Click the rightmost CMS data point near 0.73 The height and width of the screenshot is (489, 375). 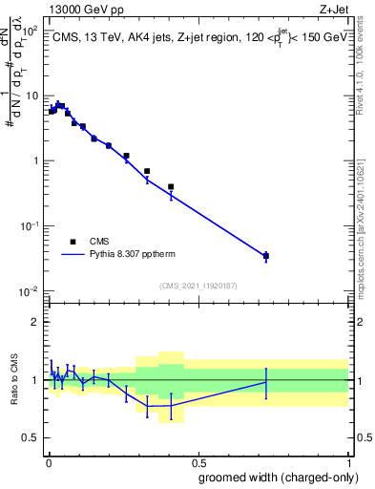tap(266, 256)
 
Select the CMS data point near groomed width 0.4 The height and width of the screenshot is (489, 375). tap(171, 187)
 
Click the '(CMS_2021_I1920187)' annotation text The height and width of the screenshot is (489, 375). tap(198, 287)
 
